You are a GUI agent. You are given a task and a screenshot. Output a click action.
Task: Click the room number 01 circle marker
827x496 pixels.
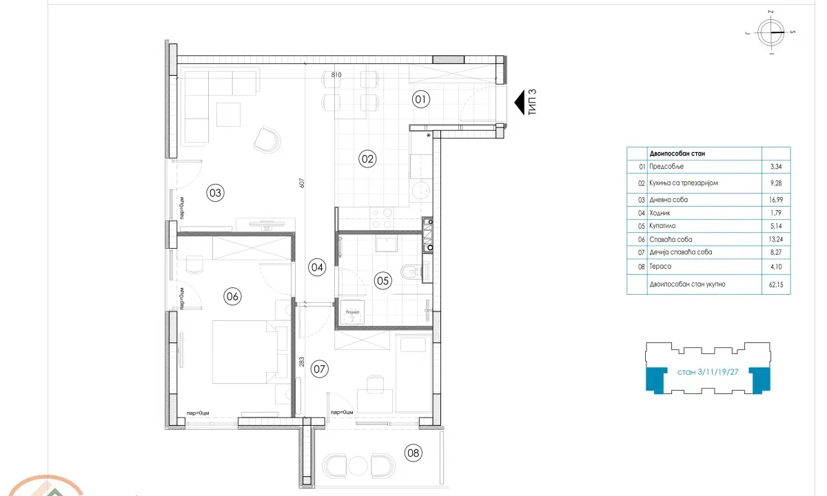[421, 99]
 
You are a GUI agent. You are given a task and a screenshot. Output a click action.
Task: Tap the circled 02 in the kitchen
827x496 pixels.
[367, 159]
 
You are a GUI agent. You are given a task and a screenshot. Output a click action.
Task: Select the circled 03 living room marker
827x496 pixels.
[216, 194]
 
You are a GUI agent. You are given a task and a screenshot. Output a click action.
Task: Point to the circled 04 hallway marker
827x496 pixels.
[317, 268]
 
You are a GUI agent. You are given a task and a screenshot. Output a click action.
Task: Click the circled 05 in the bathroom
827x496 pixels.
[382, 280]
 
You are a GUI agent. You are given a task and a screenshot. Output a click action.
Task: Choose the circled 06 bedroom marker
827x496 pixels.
[232, 296]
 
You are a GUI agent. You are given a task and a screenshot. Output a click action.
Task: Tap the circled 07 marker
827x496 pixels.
[318, 368]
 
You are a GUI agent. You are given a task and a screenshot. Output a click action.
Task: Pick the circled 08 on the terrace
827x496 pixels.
[413, 453]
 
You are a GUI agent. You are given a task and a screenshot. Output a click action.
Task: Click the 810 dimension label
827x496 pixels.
[336, 74]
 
